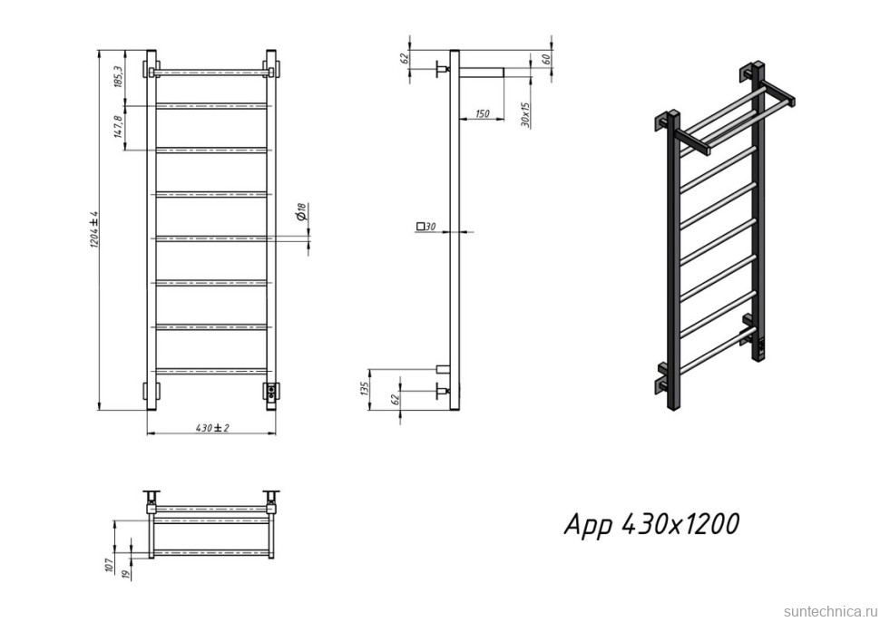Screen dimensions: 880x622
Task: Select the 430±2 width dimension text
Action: [212, 428]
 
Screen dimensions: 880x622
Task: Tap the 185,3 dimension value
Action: [118, 76]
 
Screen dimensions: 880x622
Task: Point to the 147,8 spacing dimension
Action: [118, 127]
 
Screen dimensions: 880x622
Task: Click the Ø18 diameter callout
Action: [301, 211]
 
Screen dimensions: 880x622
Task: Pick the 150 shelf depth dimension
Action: [482, 114]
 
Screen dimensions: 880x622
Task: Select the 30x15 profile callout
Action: [525, 114]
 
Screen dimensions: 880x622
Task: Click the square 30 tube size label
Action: [426, 227]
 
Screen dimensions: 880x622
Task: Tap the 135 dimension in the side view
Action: [363, 389]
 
